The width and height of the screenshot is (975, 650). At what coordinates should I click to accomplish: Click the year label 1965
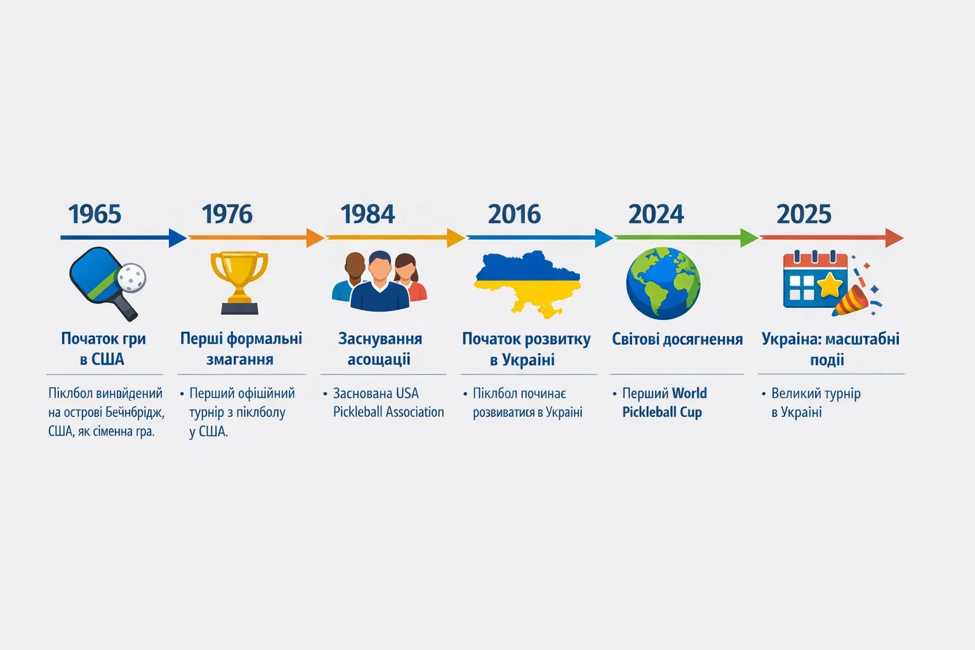[x=95, y=214]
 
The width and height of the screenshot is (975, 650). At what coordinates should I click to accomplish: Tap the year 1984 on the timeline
[x=368, y=214]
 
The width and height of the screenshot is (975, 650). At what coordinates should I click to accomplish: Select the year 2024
[x=656, y=214]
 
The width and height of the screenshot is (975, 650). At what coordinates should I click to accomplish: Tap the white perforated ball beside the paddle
[x=132, y=277]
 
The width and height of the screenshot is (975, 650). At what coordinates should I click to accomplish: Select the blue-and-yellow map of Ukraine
[x=527, y=283]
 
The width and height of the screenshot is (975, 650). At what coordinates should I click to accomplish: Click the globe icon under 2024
[x=663, y=283]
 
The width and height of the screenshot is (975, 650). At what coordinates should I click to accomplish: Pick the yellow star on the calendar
[x=830, y=285]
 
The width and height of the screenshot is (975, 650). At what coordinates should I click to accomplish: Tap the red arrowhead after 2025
[x=894, y=237]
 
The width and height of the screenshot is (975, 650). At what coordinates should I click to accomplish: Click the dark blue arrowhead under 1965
[x=178, y=237]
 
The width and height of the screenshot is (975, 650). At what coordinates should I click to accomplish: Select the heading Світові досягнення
[x=677, y=339]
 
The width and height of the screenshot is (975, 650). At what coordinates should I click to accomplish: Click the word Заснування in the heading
[x=380, y=339]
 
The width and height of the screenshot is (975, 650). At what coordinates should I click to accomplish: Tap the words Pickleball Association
[x=388, y=412]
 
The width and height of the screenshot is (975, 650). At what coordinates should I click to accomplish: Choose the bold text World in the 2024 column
[x=689, y=393]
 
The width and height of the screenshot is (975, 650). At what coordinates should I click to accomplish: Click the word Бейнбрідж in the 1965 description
[x=135, y=413]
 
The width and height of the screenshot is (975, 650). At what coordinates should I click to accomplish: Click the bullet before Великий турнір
[x=764, y=394]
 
